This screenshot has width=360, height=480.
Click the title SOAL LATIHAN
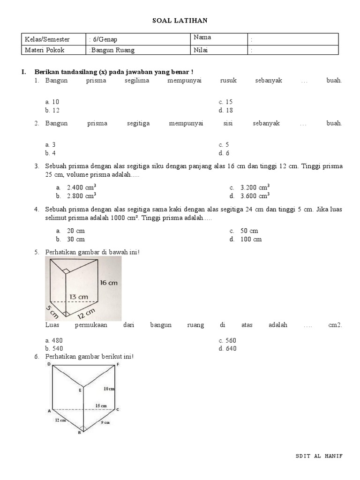180,20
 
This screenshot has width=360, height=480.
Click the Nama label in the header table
202,37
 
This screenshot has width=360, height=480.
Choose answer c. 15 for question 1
225,102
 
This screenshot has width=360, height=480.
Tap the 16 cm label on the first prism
108,282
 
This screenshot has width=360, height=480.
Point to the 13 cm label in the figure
79,297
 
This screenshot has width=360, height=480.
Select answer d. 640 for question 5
227,348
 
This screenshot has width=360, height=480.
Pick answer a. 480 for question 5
54,340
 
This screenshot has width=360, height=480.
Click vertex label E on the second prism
80,390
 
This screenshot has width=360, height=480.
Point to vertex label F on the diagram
118,364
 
